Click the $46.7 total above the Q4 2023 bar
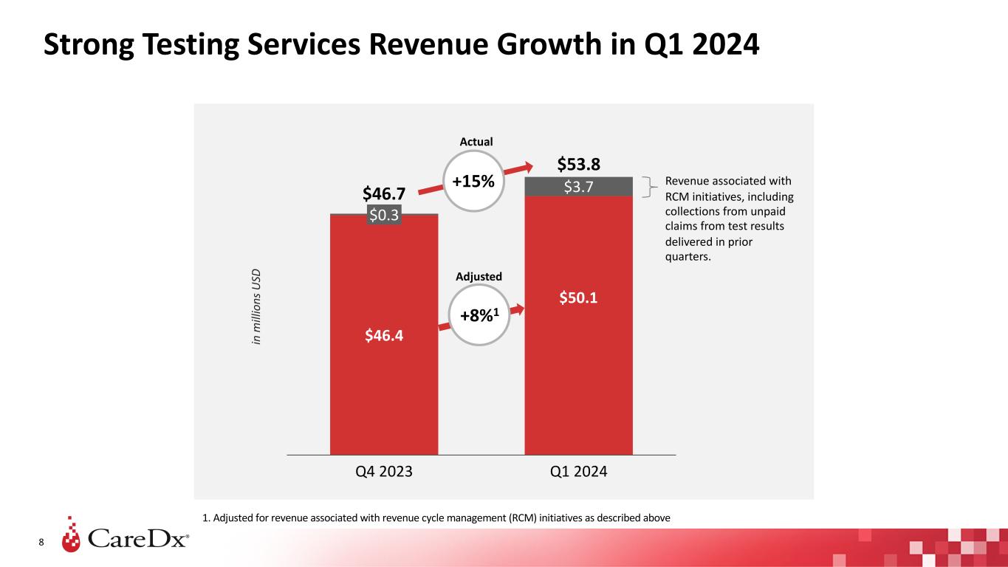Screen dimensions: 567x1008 383,194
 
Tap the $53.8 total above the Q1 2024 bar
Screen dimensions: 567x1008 578,162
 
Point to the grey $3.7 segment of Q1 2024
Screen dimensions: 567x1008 578,187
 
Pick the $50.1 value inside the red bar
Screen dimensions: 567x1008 578,298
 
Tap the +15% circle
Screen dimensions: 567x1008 473,181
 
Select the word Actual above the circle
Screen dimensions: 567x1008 476,141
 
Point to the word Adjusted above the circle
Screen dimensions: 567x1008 479,276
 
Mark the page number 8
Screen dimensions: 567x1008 41,543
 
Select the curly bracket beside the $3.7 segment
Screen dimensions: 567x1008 651,187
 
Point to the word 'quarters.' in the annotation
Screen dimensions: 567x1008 687,258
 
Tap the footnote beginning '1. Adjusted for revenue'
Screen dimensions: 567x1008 436,518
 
